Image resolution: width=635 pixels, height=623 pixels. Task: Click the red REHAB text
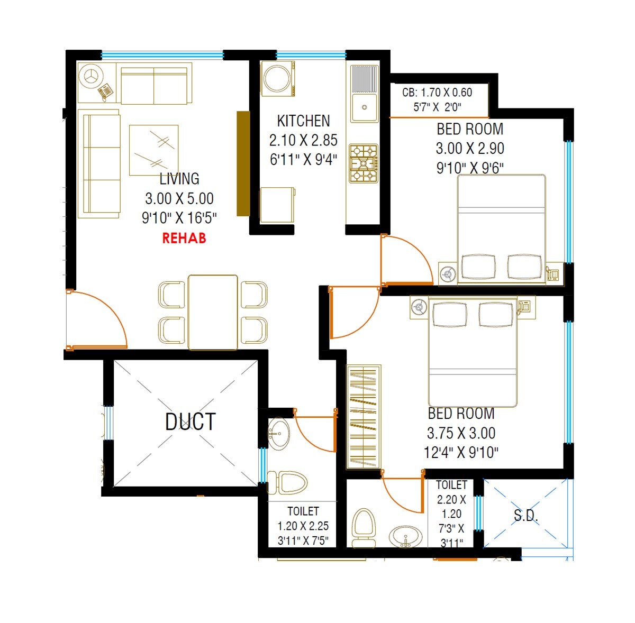point(184,238)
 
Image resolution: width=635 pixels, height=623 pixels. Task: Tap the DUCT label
point(190,422)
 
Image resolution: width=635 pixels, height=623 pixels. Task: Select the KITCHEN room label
point(303,121)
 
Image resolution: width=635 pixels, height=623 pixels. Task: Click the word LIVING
point(179,179)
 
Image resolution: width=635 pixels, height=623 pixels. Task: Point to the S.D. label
point(525,516)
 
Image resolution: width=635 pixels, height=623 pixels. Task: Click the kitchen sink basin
point(364,107)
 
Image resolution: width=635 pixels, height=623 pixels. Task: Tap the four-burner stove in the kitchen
point(363,163)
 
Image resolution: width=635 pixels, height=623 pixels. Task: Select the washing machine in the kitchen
point(278,79)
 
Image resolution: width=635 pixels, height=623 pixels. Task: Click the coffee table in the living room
point(153,150)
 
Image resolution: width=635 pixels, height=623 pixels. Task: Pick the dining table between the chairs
point(213,312)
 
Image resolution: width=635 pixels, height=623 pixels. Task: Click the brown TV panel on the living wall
point(243,163)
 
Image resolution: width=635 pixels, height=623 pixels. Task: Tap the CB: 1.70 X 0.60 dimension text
point(437,93)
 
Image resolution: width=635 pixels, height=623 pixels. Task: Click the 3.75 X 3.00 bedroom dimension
point(461,433)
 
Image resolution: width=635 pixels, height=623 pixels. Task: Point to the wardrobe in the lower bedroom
point(364,417)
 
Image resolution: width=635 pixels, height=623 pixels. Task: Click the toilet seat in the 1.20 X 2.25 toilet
point(292,483)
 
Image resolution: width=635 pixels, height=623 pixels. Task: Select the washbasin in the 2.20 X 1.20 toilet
point(406,536)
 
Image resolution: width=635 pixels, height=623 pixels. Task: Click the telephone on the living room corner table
point(106,91)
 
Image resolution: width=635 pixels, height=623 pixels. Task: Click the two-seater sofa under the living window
point(154,86)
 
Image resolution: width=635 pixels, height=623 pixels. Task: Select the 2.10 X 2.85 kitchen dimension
point(303,141)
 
